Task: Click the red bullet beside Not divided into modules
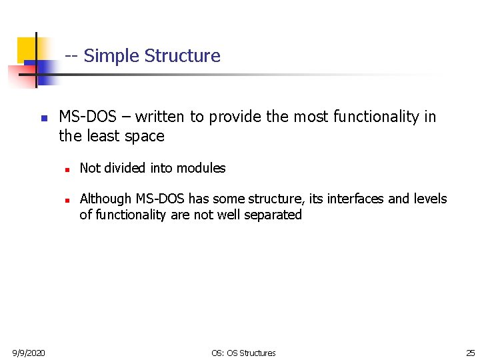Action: pos(67,169)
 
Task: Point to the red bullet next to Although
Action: pos(67,200)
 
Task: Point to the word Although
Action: pos(106,199)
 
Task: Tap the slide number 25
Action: pos(470,353)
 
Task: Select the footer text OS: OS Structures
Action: pos(243,353)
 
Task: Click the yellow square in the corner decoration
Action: pos(27,48)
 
